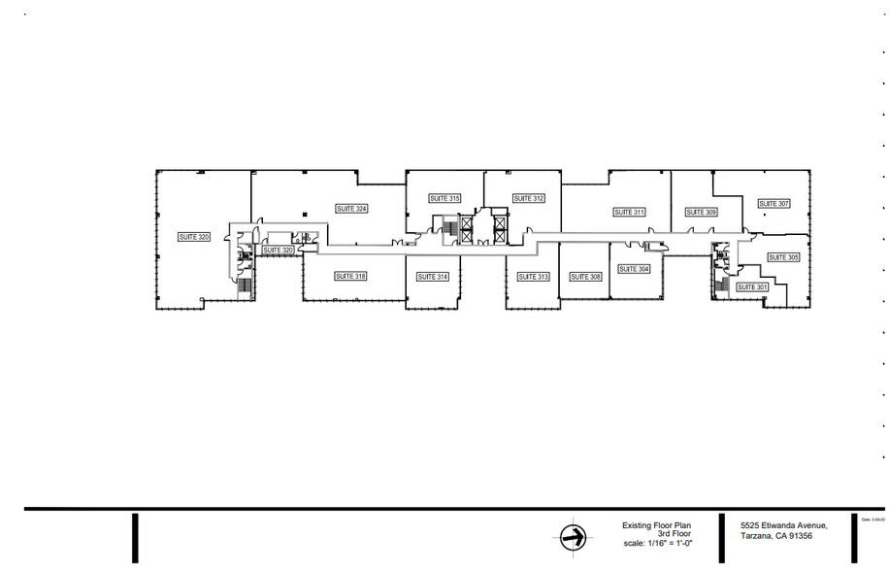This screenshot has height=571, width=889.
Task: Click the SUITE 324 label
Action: click(x=351, y=208)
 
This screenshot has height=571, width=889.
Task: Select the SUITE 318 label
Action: click(x=350, y=276)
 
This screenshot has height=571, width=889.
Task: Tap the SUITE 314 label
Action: click(x=433, y=277)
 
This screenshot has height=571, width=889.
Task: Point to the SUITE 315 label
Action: click(x=444, y=198)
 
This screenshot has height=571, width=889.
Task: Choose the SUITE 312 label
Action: click(x=529, y=198)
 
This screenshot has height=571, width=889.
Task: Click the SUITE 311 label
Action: click(x=629, y=212)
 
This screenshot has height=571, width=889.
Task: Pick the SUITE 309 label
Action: click(x=701, y=212)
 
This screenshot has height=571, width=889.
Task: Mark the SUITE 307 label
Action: click(x=774, y=204)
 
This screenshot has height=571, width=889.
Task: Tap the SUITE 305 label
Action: click(x=783, y=257)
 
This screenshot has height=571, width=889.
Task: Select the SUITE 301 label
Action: click(x=752, y=286)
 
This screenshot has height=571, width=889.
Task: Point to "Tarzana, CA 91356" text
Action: click(x=775, y=535)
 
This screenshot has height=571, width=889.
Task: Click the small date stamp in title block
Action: click(x=874, y=520)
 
